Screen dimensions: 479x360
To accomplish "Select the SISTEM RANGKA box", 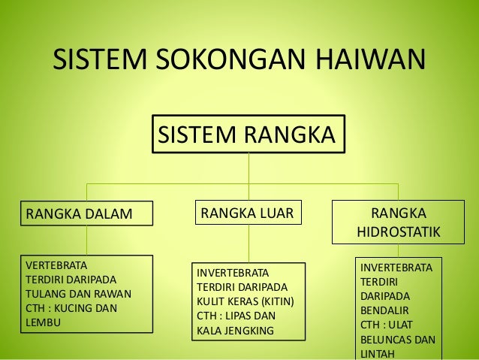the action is pos(249,135).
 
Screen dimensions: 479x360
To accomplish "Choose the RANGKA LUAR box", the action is pos(249,213).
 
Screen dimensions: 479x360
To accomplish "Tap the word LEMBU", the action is pos(43,322).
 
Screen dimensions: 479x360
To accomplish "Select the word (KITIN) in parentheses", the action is pos(275,301).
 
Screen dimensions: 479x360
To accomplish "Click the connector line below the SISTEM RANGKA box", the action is pos(249,167).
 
